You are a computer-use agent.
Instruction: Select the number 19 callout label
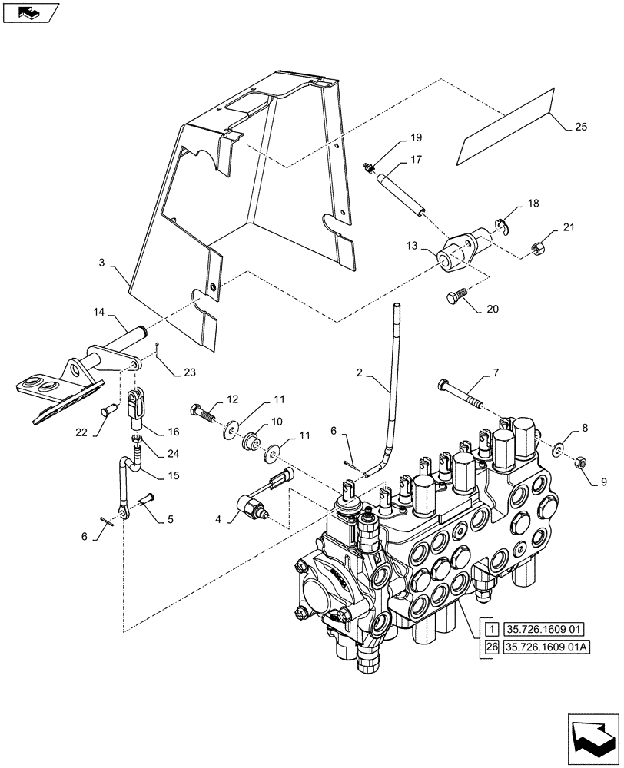pos(416,138)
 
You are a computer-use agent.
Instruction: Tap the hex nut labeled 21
pos(538,247)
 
